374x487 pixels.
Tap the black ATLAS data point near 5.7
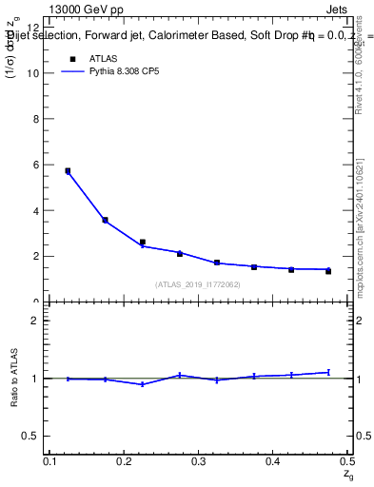[x=68, y=171]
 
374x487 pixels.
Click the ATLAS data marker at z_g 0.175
[x=105, y=220]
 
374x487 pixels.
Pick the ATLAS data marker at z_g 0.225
[x=142, y=243]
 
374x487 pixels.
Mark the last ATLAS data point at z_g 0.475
[x=328, y=271]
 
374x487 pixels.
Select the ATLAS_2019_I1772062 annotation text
[x=198, y=284]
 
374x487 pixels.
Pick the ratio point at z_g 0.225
[x=142, y=384]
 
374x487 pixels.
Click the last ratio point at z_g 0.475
[x=328, y=372]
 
